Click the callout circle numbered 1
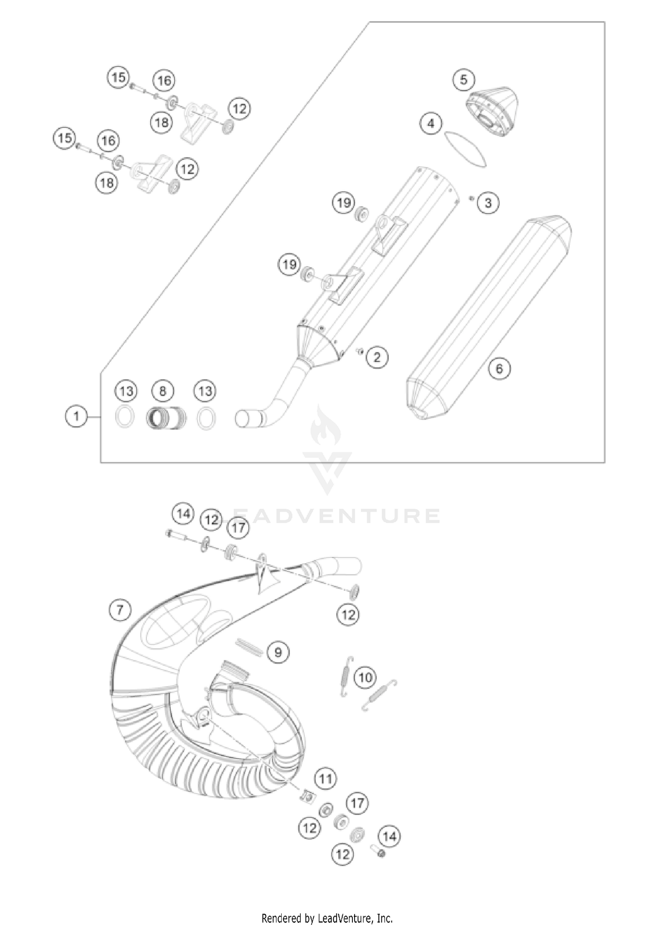point(76,416)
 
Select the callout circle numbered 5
point(463,79)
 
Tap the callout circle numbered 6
point(499,369)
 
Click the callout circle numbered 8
point(162,390)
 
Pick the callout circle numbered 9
point(278,652)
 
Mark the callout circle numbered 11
point(325,779)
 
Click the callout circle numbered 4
point(431,124)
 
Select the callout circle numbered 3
point(488,202)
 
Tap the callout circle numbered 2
point(377,357)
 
